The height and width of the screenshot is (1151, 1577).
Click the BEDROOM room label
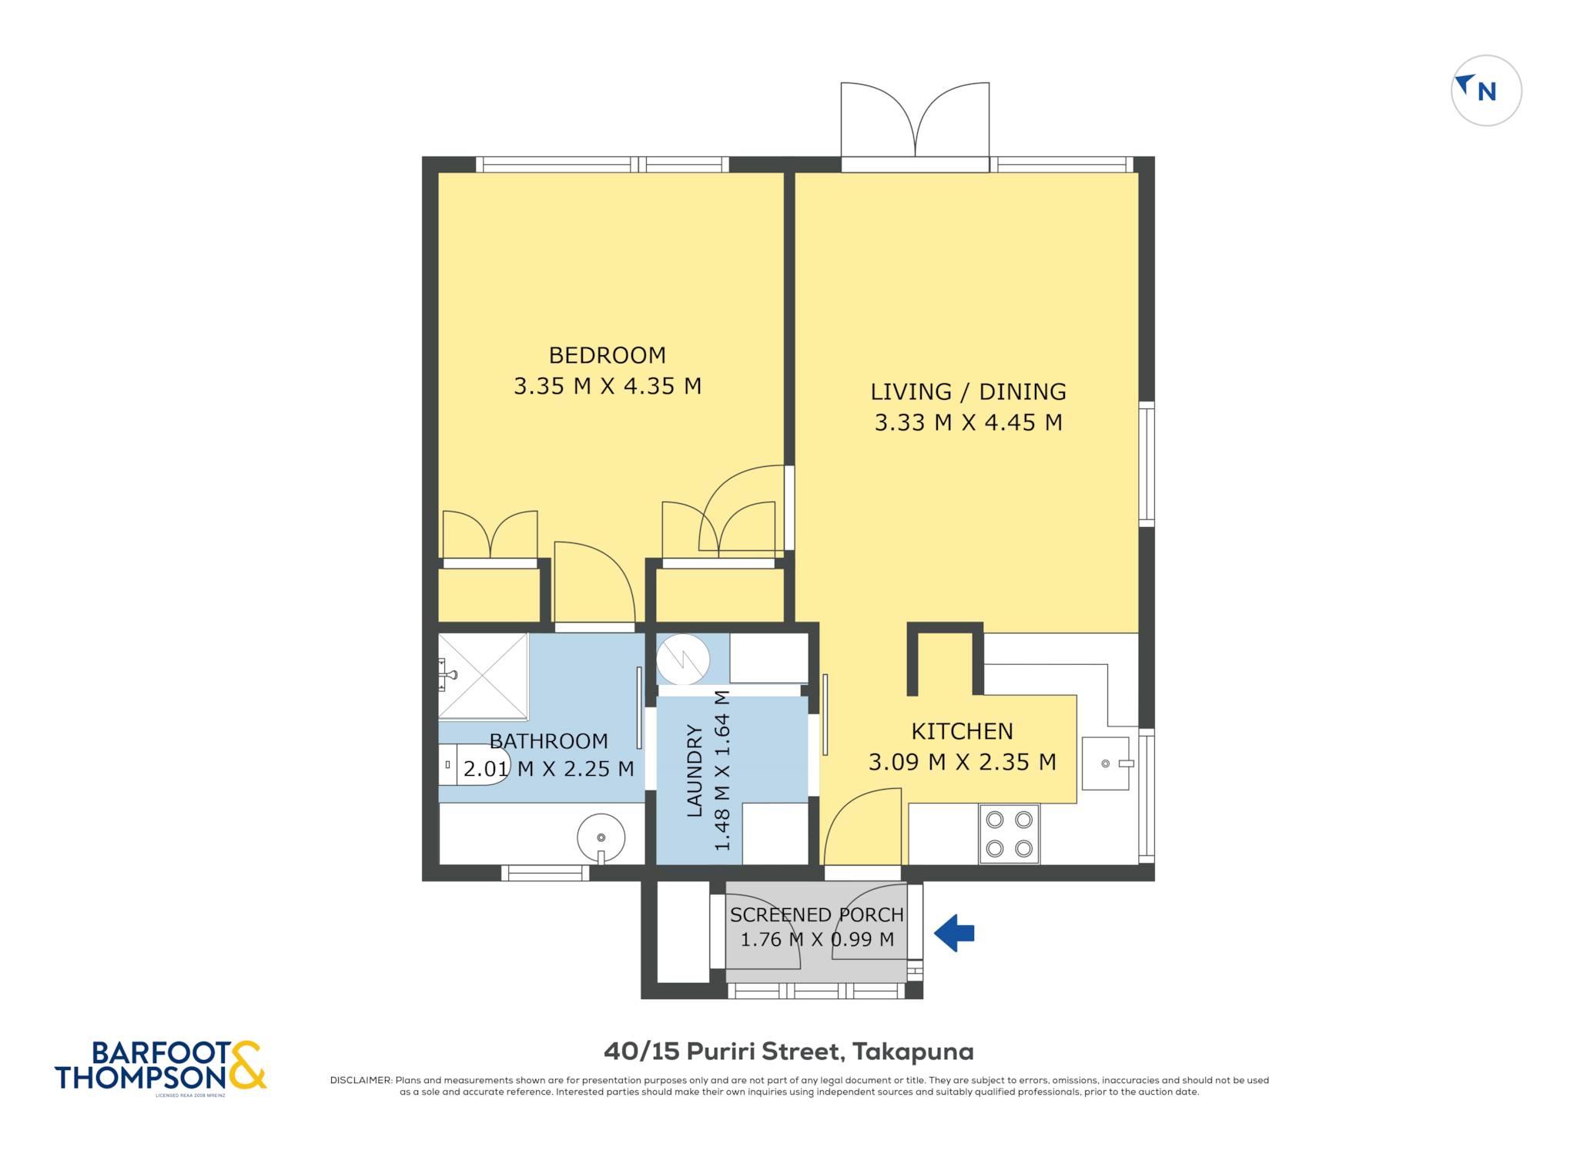pos(607,355)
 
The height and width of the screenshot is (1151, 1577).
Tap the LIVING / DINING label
pos(968,392)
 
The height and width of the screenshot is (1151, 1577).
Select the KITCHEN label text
pos(962,731)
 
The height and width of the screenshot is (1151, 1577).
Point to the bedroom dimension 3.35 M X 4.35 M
pos(608,386)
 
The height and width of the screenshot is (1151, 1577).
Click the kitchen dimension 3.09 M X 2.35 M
pos(962,762)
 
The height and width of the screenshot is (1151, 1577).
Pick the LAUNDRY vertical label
pos(695,770)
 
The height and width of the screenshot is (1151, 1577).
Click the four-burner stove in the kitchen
pos(1009,834)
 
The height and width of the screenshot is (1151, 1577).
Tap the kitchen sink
pos(1106,763)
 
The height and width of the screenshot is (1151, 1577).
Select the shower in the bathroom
pos(483,676)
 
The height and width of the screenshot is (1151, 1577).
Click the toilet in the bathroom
pos(474,765)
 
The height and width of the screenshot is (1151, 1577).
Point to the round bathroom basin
pos(601,837)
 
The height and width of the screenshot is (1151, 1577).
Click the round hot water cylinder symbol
pos(683,659)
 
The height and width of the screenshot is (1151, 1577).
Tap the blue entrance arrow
pos(954,933)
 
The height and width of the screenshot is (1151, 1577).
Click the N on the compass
pos(1487,92)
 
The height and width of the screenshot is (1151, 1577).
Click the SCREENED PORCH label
pos(817,915)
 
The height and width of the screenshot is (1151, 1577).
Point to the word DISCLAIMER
pos(360,1080)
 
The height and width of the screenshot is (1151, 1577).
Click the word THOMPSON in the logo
pos(142,1077)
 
